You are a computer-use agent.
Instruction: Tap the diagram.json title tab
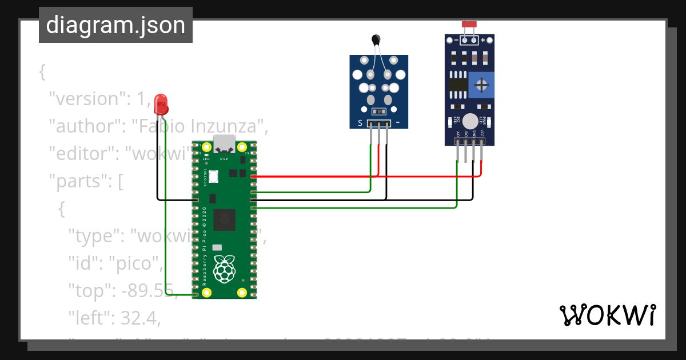[x=115, y=25]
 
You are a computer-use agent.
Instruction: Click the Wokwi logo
[x=607, y=315]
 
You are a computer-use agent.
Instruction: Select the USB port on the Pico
[x=224, y=143]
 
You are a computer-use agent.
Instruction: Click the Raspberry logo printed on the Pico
[x=224, y=269]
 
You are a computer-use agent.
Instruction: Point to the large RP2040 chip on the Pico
[x=224, y=218]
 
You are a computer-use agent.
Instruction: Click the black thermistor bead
[x=376, y=39]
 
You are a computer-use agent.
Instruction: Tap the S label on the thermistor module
[x=360, y=123]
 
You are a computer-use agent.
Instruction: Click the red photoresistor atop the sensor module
[x=469, y=25]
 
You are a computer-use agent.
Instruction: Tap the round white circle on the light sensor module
[x=470, y=121]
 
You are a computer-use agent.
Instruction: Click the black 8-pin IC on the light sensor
[x=457, y=85]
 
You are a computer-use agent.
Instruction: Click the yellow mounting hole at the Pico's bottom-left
[x=206, y=293]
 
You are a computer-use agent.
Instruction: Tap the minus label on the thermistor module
[x=398, y=123]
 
